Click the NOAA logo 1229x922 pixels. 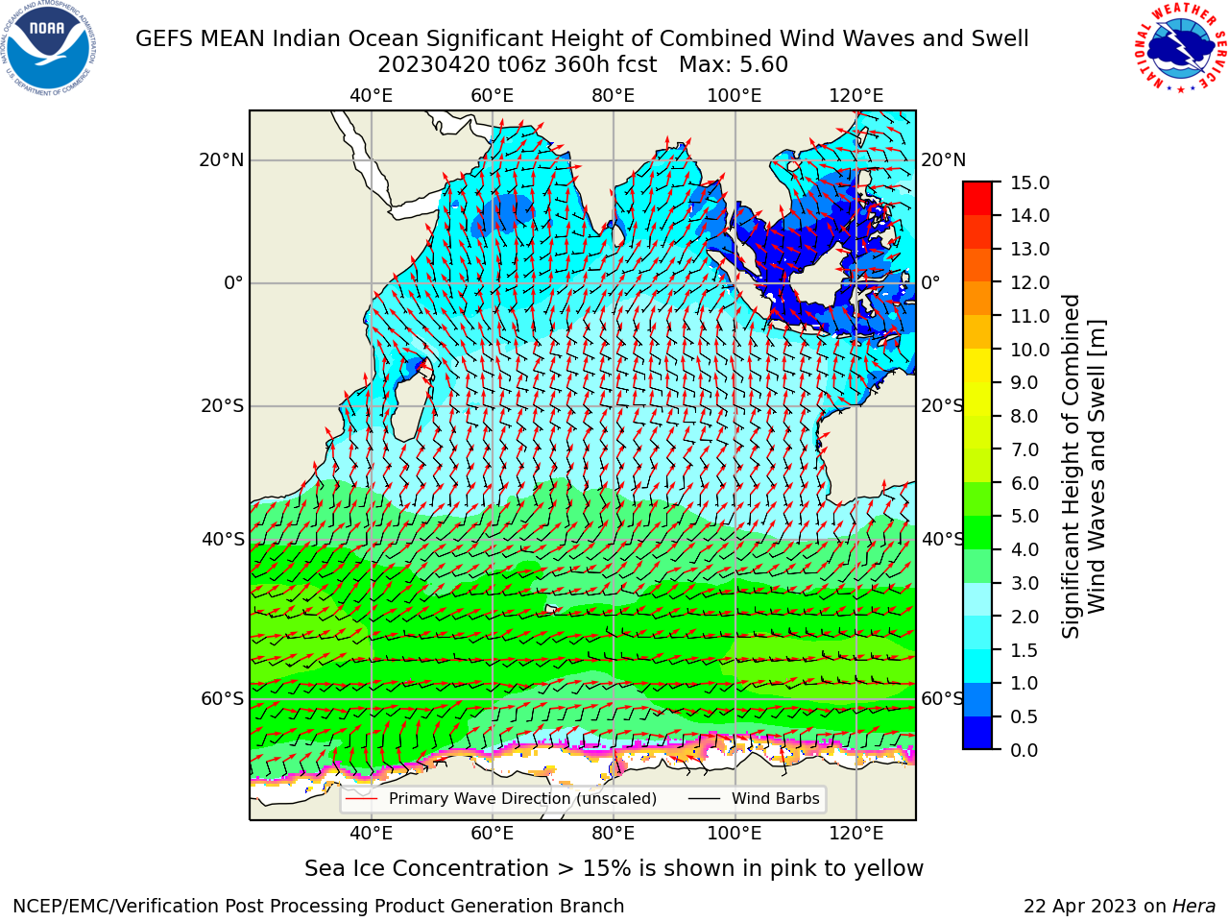point(48,48)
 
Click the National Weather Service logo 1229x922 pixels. point(1179,48)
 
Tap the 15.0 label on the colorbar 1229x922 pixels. point(1029,183)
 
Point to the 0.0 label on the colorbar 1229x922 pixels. point(1024,750)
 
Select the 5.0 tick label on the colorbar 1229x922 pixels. point(1024,516)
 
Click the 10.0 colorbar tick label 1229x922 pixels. point(1029,350)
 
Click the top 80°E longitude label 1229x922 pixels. point(614,96)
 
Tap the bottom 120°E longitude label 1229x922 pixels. point(856,834)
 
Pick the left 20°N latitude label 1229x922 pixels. point(222,160)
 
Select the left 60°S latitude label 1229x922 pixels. point(223,699)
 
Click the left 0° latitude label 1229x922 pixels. point(233,283)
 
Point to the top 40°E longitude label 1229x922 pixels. point(372,96)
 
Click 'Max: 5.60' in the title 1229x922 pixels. point(734,65)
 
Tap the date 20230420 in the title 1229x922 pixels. point(433,65)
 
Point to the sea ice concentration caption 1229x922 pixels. point(614,869)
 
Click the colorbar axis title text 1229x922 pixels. point(1083,467)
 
